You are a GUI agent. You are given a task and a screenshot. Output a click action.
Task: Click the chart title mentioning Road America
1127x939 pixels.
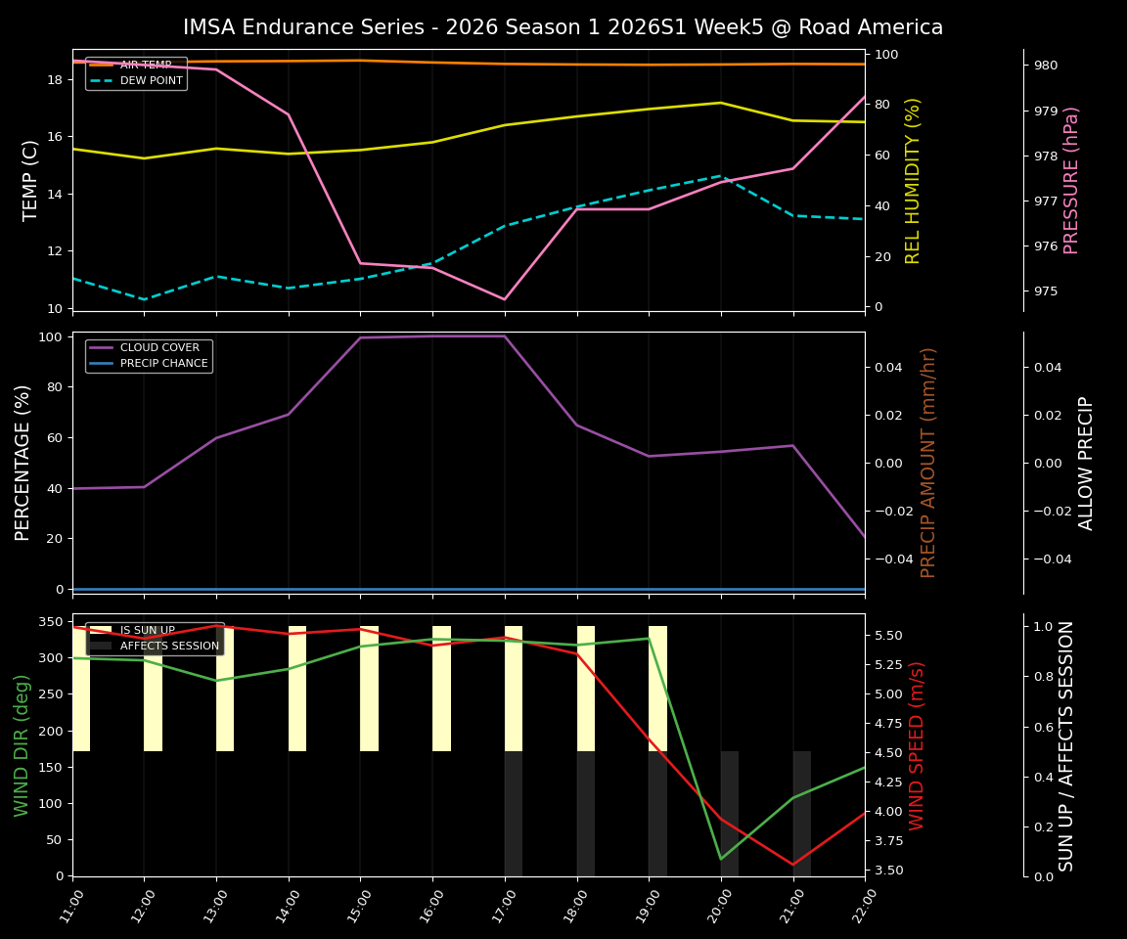pos(563,27)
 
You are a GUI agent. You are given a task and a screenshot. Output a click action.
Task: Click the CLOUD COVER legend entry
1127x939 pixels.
pos(158,347)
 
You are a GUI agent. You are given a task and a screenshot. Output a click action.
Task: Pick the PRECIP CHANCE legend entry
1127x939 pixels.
pos(163,363)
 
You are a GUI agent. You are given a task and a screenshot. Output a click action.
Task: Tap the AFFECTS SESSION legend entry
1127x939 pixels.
pos(168,646)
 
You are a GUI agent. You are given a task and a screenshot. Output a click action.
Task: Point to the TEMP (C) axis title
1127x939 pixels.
pos(30,180)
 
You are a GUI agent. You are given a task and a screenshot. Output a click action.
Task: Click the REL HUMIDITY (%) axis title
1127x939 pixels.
pos(914,180)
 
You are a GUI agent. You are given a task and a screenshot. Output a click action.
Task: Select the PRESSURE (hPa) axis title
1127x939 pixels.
pos(1071,180)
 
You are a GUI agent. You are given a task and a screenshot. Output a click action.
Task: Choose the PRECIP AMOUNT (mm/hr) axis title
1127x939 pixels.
pos(928,462)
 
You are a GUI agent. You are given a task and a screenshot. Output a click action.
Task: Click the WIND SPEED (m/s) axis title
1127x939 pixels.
pos(917,745)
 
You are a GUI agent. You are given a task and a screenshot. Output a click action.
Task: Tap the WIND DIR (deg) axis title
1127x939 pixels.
pos(22,745)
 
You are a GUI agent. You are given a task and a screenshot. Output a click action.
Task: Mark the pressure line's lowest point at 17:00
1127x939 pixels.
pos(505,299)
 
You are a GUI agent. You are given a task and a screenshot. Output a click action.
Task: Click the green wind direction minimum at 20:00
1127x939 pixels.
pos(721,859)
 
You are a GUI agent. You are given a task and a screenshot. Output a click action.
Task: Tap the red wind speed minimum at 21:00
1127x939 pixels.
pos(792,865)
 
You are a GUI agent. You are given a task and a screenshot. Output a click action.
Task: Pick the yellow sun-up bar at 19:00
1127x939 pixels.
pos(657,689)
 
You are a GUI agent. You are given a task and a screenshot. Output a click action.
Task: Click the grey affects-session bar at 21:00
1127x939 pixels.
pos(801,814)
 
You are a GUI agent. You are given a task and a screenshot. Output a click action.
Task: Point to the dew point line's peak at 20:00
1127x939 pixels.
pos(721,176)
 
